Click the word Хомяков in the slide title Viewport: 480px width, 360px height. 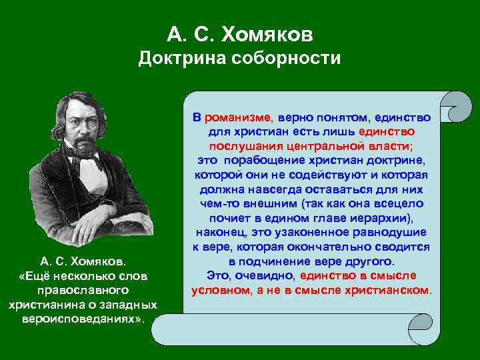click(274, 33)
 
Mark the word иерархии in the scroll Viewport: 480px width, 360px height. click(383, 218)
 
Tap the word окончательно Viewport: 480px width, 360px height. click(341, 247)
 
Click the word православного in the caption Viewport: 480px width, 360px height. click(82, 291)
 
